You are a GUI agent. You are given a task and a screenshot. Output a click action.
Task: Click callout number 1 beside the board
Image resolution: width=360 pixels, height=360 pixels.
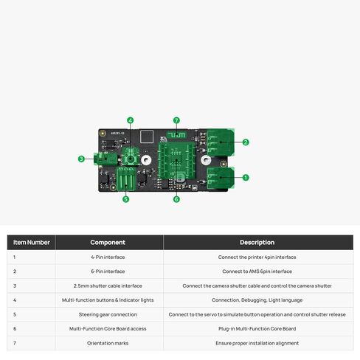(246, 178)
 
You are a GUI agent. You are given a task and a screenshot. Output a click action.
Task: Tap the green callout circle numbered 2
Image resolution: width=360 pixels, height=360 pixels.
(246, 142)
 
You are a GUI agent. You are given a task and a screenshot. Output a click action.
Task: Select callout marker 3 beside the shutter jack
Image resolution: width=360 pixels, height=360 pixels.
(81, 159)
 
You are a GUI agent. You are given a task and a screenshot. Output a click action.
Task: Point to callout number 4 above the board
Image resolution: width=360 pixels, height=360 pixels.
(131, 120)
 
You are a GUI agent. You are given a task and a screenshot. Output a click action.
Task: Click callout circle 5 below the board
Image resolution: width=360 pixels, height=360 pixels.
(125, 199)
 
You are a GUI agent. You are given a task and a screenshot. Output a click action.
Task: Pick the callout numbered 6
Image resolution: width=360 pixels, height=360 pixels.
(176, 199)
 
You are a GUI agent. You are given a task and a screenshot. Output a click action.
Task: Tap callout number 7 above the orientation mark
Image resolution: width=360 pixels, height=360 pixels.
(176, 120)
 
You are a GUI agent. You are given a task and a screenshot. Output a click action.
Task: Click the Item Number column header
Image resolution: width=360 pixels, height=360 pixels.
(32, 243)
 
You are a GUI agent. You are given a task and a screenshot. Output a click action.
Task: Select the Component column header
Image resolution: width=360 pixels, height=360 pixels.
(108, 243)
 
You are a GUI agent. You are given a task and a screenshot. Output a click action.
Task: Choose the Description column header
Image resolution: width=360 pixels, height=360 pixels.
(257, 243)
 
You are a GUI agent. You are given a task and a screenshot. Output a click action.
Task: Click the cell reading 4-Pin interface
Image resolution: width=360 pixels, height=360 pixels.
(108, 257)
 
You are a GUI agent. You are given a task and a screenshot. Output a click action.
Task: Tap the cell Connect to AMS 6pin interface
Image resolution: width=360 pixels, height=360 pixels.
(257, 271)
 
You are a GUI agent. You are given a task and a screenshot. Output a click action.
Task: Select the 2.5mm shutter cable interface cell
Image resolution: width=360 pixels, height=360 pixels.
(108, 285)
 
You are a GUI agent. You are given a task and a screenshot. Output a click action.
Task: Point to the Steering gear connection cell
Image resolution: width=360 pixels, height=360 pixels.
(108, 314)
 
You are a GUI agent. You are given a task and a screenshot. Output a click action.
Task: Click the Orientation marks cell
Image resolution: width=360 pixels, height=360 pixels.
(108, 343)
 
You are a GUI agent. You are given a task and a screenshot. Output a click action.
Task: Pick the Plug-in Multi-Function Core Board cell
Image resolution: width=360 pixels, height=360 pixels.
(257, 329)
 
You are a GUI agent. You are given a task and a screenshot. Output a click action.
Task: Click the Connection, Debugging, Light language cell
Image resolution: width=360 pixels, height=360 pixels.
(257, 300)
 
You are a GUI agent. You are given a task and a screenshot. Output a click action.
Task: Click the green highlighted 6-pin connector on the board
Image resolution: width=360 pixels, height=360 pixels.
(221, 142)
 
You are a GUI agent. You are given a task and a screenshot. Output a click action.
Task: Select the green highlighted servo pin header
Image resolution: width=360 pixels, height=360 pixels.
(126, 179)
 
